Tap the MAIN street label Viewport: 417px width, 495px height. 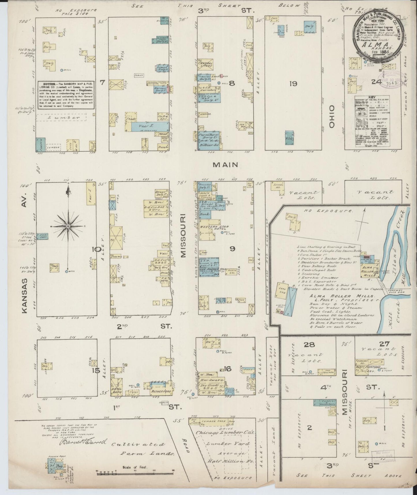226,165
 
